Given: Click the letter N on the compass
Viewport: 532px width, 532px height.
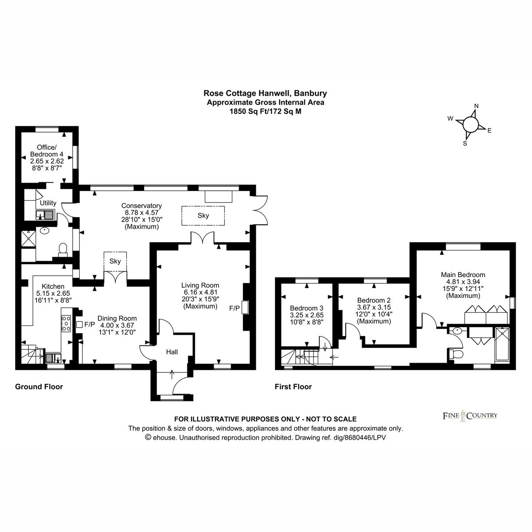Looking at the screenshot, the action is click(x=476, y=106).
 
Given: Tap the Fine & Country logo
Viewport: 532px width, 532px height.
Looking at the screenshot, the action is click(x=470, y=416).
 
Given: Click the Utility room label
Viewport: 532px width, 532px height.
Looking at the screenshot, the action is click(x=48, y=203).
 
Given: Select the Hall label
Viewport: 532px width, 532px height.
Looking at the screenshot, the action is click(x=172, y=352).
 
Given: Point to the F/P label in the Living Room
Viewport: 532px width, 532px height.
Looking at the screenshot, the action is click(x=235, y=308).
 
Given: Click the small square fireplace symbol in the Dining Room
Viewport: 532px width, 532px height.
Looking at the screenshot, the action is click(x=79, y=325).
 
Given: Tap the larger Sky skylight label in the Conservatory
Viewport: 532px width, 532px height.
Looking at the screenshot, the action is click(x=203, y=215).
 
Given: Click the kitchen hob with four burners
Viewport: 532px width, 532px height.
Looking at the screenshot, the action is click(x=66, y=323).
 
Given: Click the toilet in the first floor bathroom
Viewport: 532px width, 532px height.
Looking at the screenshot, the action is click(x=454, y=354).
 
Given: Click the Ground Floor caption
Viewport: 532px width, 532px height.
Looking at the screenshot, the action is click(x=39, y=387).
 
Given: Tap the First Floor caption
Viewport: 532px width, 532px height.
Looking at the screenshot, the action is click(x=293, y=387).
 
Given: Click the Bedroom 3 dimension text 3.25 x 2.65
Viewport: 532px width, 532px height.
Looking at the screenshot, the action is click(x=307, y=315).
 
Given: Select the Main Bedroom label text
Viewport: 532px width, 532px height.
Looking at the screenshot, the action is click(x=463, y=275).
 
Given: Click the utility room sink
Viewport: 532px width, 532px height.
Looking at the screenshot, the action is click(x=45, y=215).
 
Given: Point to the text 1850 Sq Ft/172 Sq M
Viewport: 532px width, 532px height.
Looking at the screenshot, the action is click(x=266, y=112).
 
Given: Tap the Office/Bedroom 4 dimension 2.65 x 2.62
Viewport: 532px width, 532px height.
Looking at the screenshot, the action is click(x=47, y=161).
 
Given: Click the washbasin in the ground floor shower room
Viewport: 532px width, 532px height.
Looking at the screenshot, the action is click(x=44, y=231).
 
